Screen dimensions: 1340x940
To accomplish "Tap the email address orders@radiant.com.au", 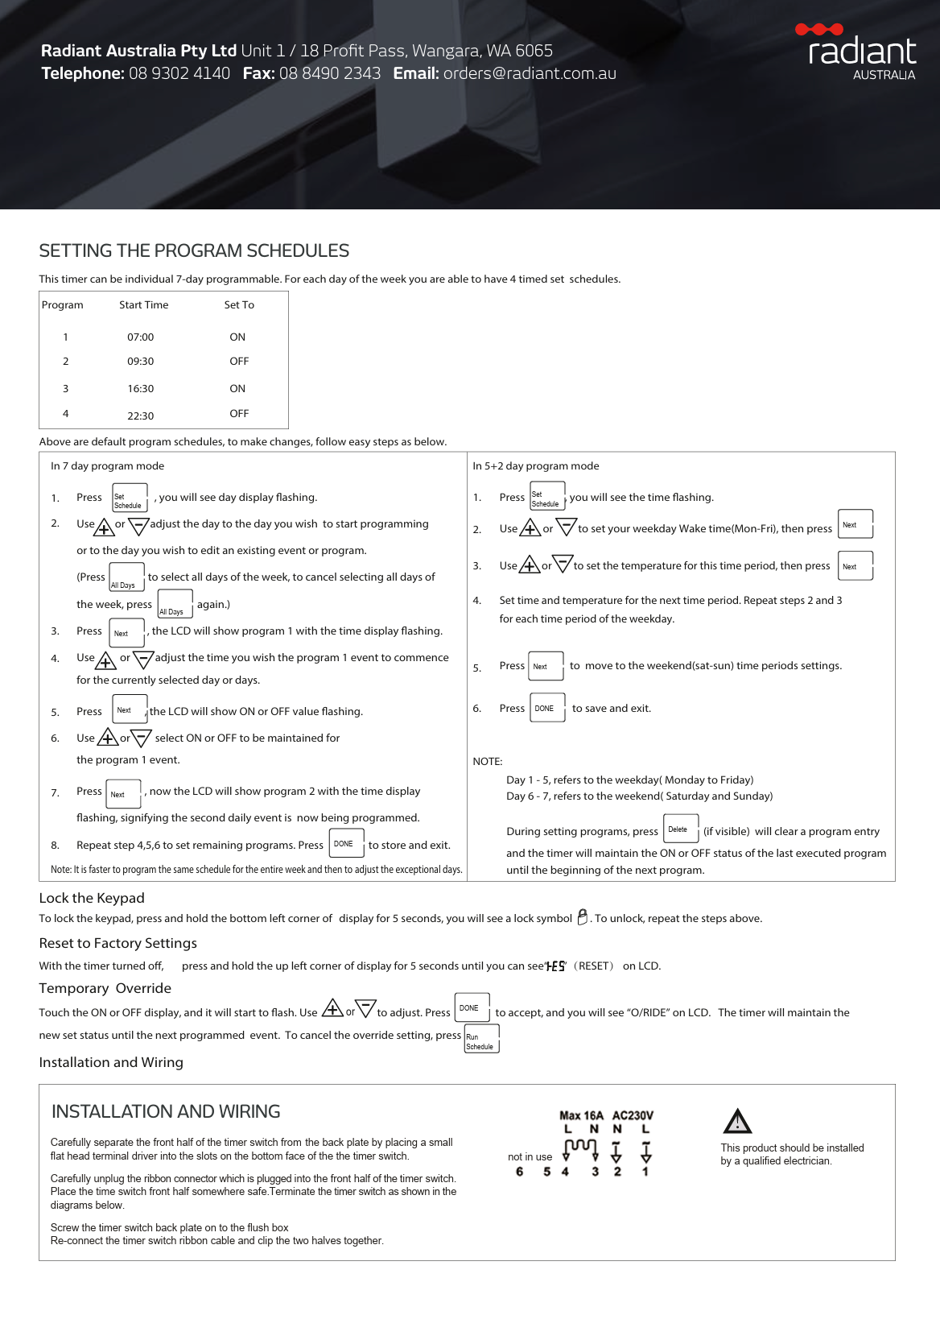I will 530,73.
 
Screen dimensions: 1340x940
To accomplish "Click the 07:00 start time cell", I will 140,337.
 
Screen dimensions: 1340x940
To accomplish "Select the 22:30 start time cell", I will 140,416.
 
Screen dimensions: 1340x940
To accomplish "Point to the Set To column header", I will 239,305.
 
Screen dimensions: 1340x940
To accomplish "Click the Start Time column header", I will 143,305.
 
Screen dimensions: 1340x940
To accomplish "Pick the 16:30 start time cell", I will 140,389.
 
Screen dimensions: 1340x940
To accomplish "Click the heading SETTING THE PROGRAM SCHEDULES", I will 194,251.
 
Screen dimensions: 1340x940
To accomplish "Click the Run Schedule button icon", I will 481,1039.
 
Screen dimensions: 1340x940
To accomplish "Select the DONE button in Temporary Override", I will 472,1008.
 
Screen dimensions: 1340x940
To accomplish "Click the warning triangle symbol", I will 737,1121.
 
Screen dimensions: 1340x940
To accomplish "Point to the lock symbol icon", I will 583,917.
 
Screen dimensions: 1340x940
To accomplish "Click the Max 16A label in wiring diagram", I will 581,1115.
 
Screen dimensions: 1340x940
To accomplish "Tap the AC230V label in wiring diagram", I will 633,1115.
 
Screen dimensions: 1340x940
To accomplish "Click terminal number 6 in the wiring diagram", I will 520,1172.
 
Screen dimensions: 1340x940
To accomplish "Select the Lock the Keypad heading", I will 92,898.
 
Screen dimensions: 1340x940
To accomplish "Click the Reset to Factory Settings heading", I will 117,943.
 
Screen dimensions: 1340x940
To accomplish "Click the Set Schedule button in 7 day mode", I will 130,498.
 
